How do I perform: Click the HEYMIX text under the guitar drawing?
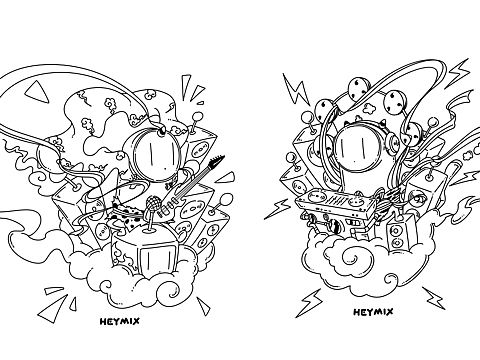[120, 321]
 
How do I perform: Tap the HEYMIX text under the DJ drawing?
[373, 312]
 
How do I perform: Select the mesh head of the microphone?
[153, 202]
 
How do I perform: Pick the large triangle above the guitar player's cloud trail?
[37, 91]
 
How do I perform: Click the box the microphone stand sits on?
[147, 250]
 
